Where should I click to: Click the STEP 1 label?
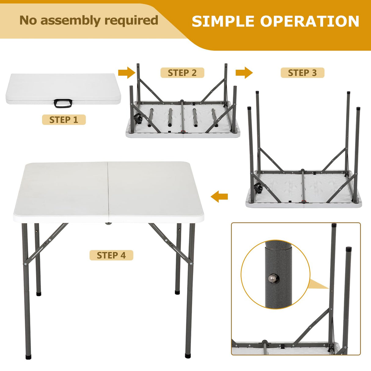pos(64,120)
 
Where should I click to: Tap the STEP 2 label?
pos(182,73)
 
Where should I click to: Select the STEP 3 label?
pos(302,73)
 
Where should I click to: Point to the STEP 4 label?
pos(111,255)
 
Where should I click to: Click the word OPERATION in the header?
pos(310,21)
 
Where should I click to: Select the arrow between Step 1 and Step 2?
pos(126,73)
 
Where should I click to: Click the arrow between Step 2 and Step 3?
pos(244,73)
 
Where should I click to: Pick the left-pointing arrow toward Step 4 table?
pos(219,196)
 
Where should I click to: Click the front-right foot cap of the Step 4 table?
pos(188,355)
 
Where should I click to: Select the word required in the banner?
pos(131,20)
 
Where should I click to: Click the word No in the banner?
pos(28,20)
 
